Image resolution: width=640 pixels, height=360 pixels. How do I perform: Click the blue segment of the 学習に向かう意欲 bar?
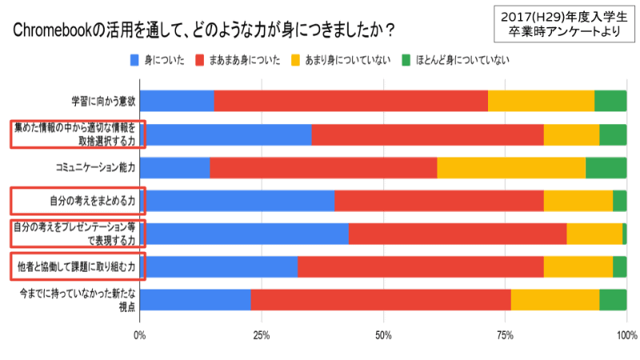[x=177, y=101]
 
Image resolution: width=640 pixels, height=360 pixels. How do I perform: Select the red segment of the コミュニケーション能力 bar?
[x=323, y=167]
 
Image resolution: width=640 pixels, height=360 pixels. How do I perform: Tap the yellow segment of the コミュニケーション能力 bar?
[x=511, y=167]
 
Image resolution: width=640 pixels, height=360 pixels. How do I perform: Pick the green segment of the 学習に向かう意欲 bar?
[x=610, y=101]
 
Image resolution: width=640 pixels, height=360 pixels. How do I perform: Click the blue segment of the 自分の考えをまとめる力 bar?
[x=237, y=200]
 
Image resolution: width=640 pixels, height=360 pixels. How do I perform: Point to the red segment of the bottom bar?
[x=381, y=299]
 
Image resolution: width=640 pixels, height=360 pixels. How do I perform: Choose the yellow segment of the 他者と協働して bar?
[x=578, y=266]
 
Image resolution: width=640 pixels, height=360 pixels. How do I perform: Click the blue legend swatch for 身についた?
[x=134, y=61]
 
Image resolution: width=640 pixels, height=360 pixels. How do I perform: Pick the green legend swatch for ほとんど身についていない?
[x=406, y=61]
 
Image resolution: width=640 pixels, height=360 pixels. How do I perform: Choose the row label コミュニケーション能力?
[x=95, y=167]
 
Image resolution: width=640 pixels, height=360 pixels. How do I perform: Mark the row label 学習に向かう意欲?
[x=103, y=101]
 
